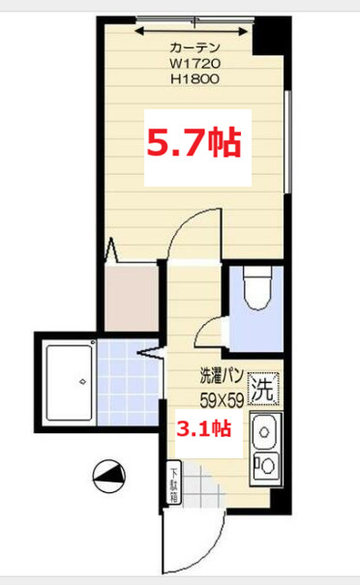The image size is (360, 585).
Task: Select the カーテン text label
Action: click(195, 48)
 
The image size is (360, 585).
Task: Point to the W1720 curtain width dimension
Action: click(195, 65)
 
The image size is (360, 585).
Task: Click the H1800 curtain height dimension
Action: click(195, 81)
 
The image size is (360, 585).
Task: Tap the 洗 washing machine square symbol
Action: click(262, 391)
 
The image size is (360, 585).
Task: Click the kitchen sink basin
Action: click(264, 428)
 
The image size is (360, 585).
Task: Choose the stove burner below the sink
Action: click(264, 464)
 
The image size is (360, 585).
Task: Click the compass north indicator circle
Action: click(106, 476)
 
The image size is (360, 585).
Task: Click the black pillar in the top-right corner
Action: click(262, 36)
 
